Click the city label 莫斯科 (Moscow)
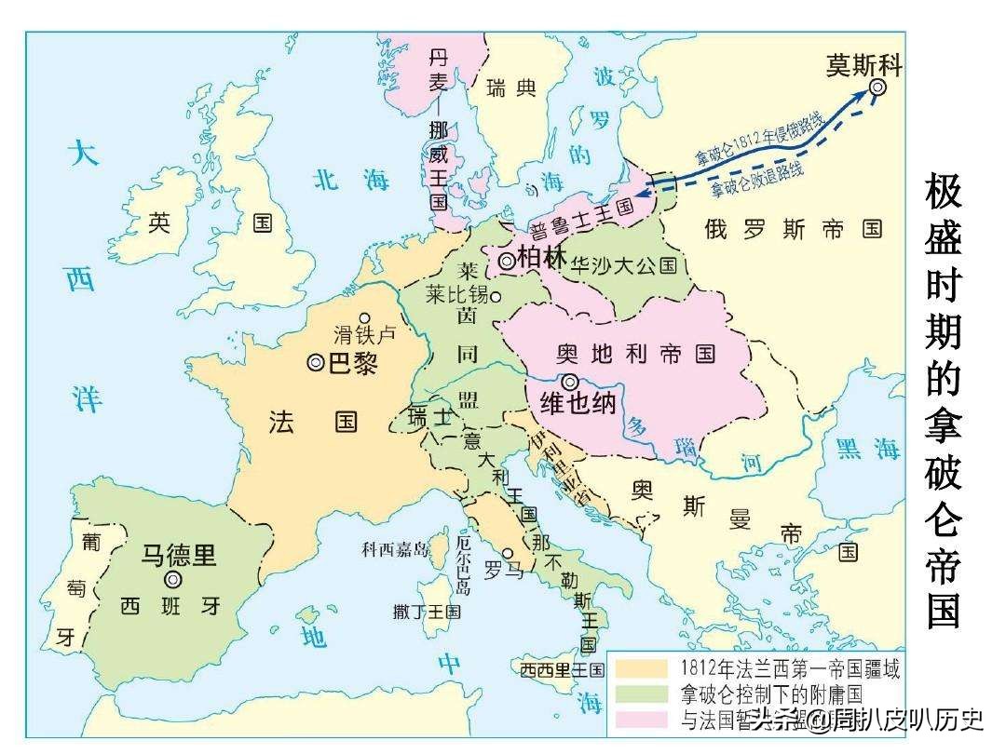pyautogui.click(x=864, y=64)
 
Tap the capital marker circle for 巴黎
pyautogui.click(x=316, y=364)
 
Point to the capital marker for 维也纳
pyautogui.click(x=569, y=381)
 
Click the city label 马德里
pyautogui.click(x=179, y=556)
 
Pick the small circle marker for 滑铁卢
pyautogui.click(x=365, y=317)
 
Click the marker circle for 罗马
pyautogui.click(x=507, y=553)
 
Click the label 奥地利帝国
pyautogui.click(x=635, y=353)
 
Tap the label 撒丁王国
pyautogui.click(x=427, y=612)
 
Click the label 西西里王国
pyautogui.click(x=563, y=669)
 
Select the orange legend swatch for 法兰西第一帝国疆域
pyautogui.click(x=642, y=668)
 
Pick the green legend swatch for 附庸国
pyautogui.click(x=642, y=693)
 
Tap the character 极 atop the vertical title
pyautogui.click(x=943, y=193)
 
